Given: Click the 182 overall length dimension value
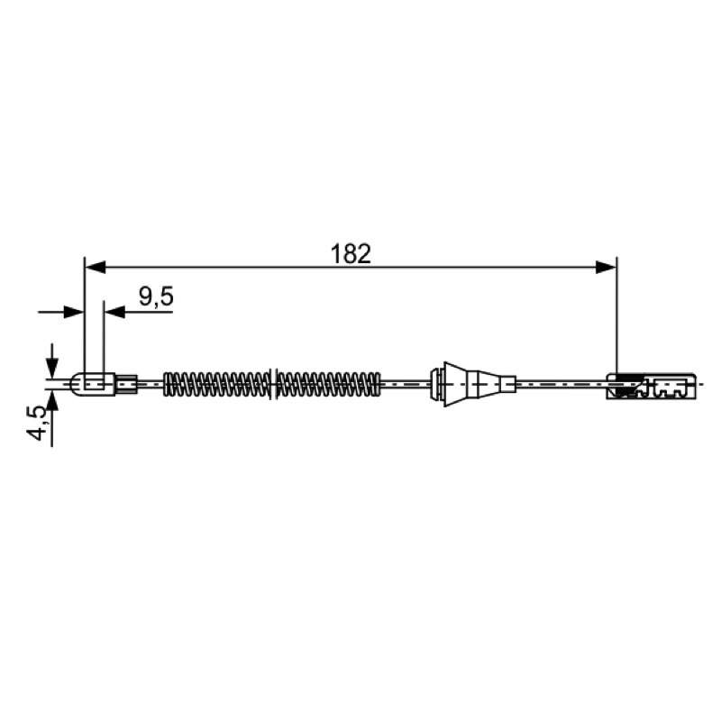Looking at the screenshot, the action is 351,254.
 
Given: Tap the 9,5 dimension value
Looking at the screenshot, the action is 156,297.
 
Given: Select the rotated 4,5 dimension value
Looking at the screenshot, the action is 38,423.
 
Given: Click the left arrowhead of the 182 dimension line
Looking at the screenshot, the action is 96,267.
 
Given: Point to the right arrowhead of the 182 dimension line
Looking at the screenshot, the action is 606,267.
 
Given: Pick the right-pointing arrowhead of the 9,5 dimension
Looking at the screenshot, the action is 75,312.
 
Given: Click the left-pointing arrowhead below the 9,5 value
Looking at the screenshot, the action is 114,312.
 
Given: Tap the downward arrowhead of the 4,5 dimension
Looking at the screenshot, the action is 52,367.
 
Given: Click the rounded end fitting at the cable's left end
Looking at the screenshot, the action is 94,384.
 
